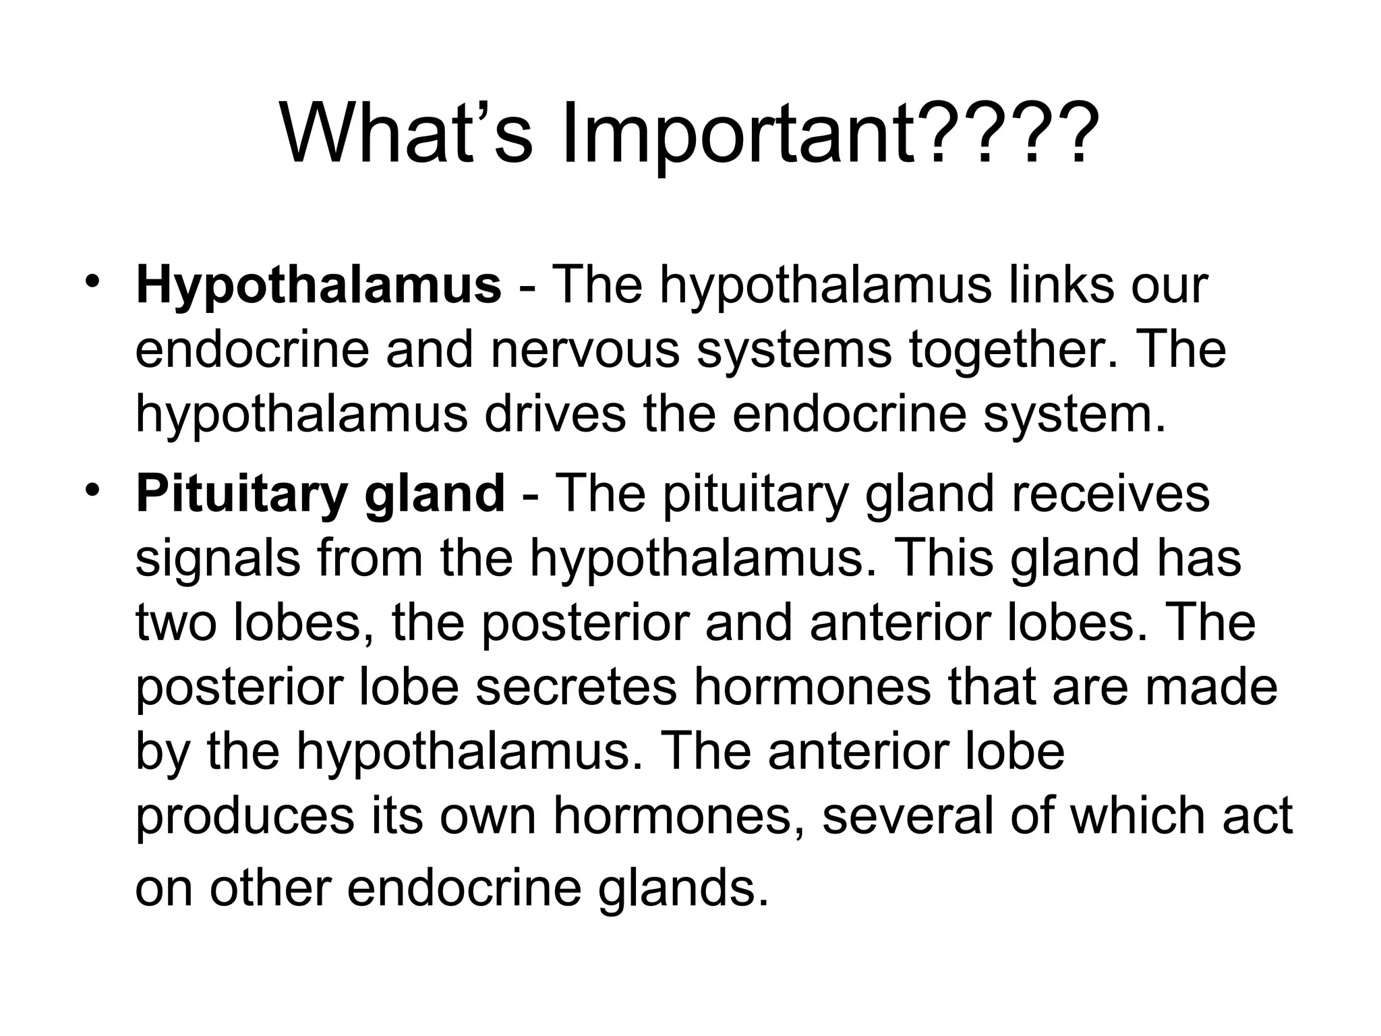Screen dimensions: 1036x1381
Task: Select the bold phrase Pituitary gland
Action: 320,494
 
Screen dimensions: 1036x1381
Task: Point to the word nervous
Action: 585,350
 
